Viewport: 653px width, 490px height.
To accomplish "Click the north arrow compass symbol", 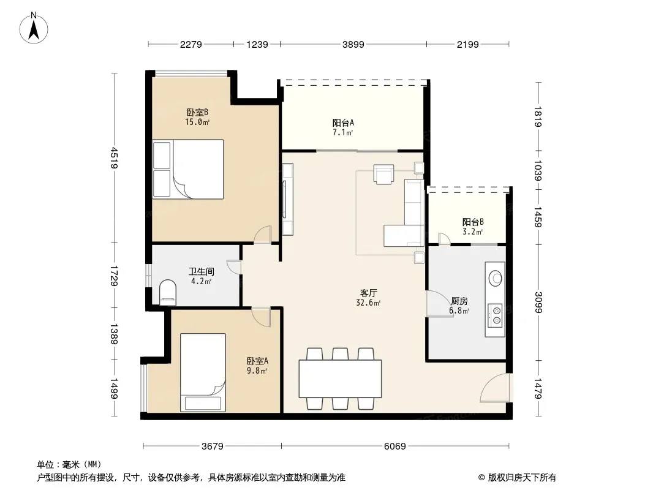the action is coord(34,28).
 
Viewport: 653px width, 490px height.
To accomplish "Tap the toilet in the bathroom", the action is coord(168,292).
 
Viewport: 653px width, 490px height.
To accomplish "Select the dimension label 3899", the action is coord(353,44).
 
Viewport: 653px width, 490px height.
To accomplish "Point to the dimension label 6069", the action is coord(394,447).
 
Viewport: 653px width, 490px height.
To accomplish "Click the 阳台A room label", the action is coord(343,123).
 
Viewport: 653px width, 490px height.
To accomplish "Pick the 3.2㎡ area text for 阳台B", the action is coord(473,232).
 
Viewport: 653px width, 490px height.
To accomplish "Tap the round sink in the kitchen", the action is coord(496,278).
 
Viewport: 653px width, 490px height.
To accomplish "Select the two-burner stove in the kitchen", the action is coord(496,315).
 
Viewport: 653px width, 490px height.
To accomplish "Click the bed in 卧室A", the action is coord(203,372).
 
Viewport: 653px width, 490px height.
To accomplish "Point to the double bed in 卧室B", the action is coord(188,169).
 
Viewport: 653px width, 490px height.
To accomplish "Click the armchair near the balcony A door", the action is coord(383,174).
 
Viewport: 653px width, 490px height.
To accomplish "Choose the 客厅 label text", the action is coord(369,293).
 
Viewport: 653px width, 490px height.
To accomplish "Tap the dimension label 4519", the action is coord(115,158).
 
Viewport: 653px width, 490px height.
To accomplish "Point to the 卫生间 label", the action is coord(202,271).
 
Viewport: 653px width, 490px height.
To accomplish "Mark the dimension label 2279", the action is coord(191,44).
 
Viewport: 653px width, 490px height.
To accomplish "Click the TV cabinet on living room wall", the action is coord(287,200).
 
